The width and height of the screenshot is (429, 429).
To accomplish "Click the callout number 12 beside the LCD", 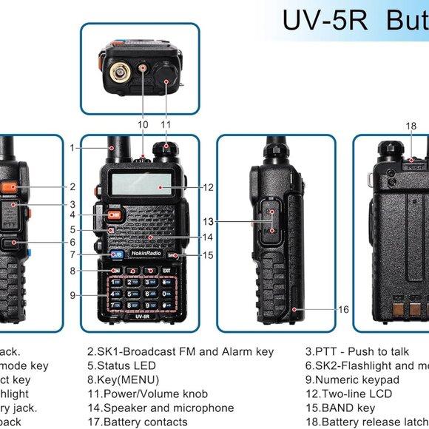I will (208, 187).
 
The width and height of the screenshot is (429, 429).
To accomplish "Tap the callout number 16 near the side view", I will (343, 310).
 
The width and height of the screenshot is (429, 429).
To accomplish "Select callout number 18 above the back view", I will (411, 126).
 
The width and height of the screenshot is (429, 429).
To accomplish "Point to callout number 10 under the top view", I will (143, 124).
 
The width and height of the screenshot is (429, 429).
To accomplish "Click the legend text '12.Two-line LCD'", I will (348, 393).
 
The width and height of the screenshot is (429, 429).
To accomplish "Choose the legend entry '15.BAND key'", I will (340, 408).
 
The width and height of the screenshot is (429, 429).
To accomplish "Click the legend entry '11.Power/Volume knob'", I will (147, 393).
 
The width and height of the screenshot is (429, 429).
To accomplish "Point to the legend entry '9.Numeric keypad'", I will (352, 379).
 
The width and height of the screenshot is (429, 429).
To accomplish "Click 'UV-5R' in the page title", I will (325, 21).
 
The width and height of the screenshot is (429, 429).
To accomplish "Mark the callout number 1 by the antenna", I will (72, 147).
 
